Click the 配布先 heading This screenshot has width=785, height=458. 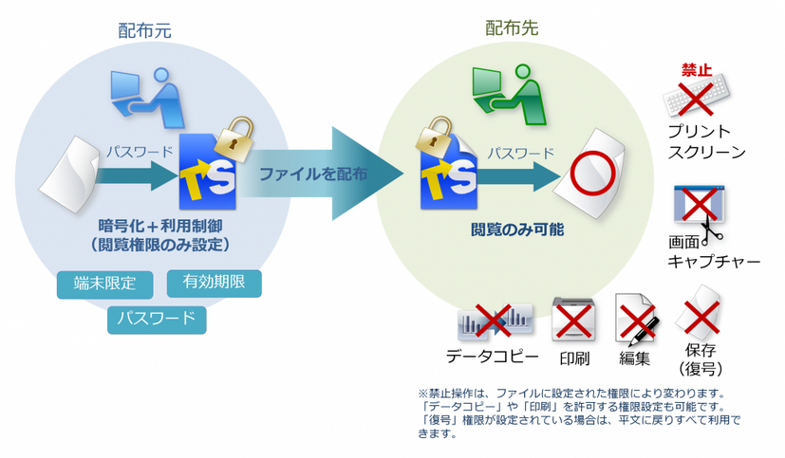pos(511,28)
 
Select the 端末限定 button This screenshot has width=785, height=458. pos(104,284)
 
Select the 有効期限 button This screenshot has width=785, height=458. pos(214,283)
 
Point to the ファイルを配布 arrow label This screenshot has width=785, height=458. pos(313,174)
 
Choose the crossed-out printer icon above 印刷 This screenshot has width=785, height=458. pos(575,318)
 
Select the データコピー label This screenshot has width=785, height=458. pos(493,357)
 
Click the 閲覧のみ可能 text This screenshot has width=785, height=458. pos(517,229)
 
